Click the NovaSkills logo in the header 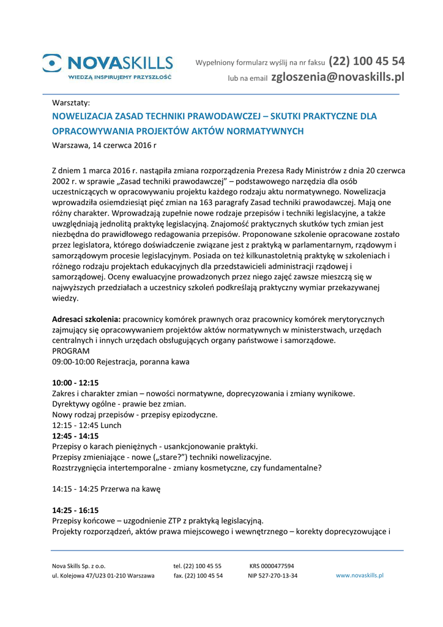pos(108,66)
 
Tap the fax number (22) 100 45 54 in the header pos(367,61)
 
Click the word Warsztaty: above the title pos(71,102)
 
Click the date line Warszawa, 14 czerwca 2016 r pos(104,145)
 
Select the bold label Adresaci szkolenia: pos(86,319)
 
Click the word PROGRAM pos(70,351)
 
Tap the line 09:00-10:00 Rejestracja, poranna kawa pos(121,362)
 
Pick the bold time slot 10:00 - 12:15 pos(75,383)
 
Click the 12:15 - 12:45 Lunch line pos(86,425)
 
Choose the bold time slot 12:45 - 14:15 pos(75,436)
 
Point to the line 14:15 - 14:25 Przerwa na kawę pos(106,489)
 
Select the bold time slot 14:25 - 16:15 pos(75,510)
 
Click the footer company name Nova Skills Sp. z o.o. pos(79,566)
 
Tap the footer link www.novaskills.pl pos(359,576)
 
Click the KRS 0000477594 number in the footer pos(272,566)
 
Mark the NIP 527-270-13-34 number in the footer pos(272,576)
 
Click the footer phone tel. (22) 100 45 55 pos(197,566)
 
